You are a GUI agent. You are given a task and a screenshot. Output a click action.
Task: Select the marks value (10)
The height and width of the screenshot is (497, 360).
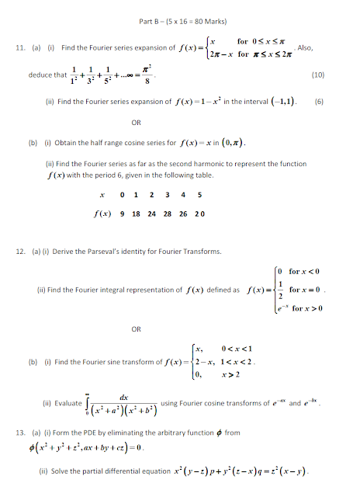tap(317, 75)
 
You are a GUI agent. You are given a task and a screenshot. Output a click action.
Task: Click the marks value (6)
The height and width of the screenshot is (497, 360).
tap(318, 102)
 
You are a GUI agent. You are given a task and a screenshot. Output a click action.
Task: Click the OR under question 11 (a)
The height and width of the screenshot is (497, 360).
tap(136, 123)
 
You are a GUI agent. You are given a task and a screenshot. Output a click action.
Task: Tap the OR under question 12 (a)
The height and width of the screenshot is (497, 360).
tap(136, 329)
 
